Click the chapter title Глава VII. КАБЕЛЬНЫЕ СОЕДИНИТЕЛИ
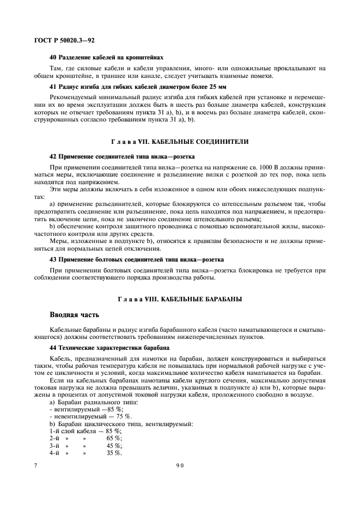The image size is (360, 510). coord(179,142)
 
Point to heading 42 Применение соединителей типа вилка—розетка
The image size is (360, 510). coord(123,156)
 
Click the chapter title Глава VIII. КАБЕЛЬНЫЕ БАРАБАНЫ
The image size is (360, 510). coord(179,300)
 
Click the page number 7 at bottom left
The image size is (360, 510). coord(35,465)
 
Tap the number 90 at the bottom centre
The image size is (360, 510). coord(180,465)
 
